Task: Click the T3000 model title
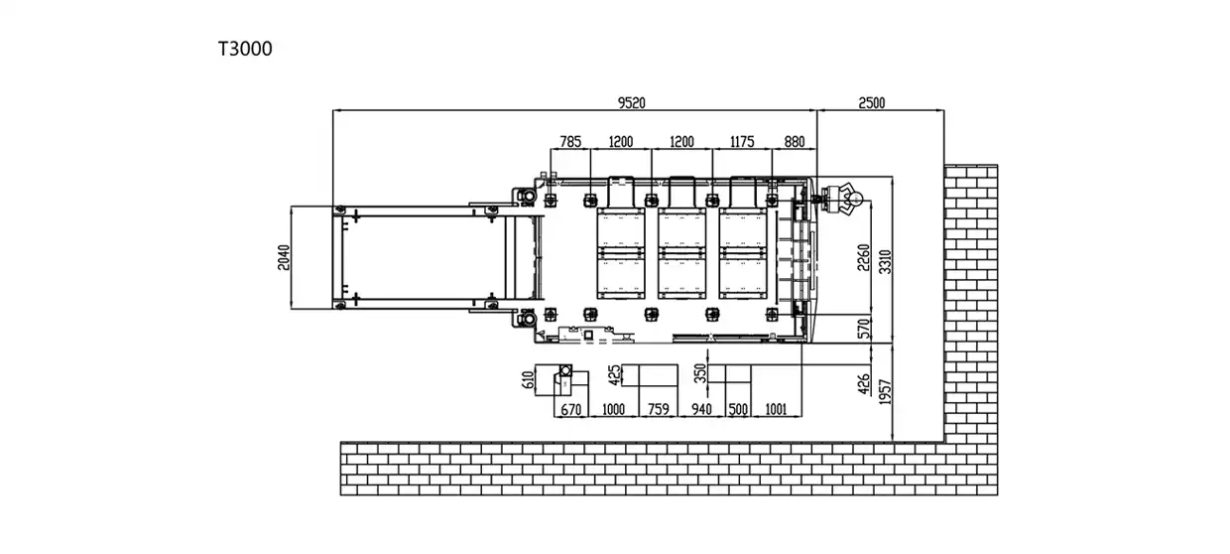tap(244, 49)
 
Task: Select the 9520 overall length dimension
tap(638, 102)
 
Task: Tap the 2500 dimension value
tap(871, 102)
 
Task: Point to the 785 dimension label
tap(570, 142)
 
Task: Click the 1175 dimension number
tap(743, 142)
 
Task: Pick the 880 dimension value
tap(795, 142)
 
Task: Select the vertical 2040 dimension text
tap(284, 256)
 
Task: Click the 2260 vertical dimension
tap(864, 257)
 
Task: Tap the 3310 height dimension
tap(886, 259)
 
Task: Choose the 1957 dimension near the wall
tap(886, 393)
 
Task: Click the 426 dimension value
tap(863, 381)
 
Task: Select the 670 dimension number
tap(569, 409)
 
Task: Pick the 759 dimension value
tap(657, 409)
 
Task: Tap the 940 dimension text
tap(701, 409)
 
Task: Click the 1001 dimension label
tap(777, 409)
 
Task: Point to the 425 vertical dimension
tap(614, 374)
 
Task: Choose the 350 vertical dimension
tap(700, 373)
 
